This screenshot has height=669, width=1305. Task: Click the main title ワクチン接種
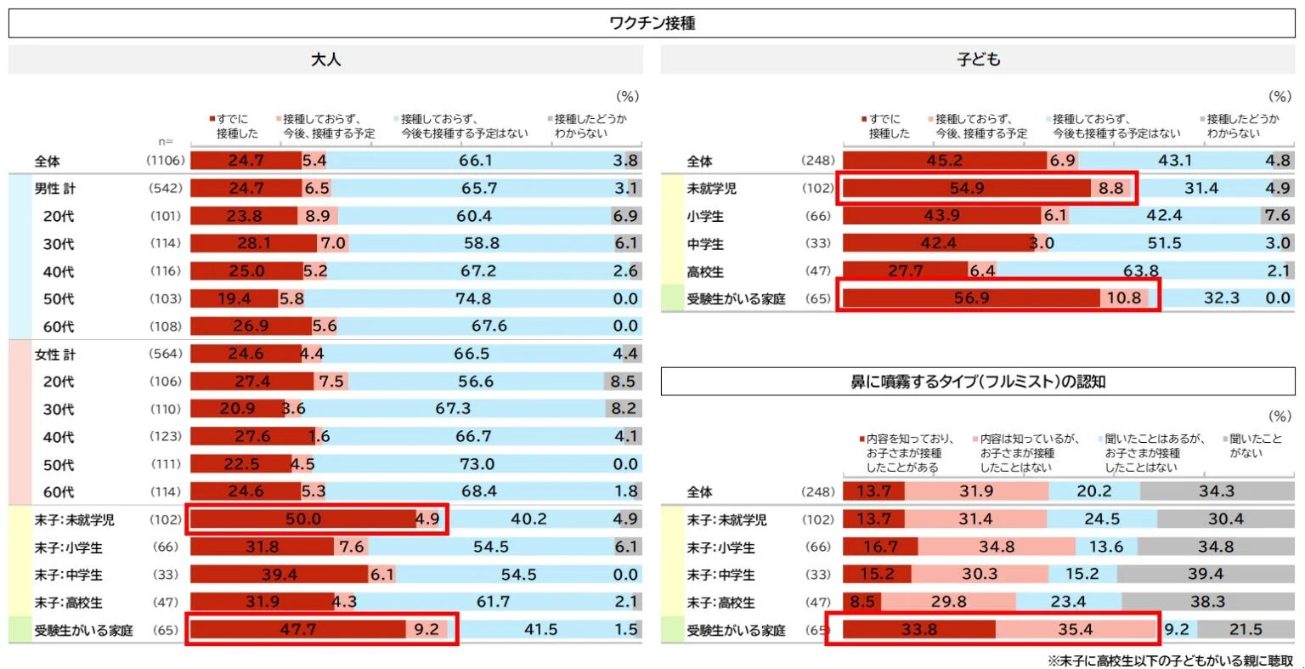click(652, 24)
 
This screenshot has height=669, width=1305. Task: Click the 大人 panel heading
click(325, 60)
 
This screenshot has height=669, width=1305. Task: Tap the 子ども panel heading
click(978, 60)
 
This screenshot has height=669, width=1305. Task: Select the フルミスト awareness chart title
click(978, 382)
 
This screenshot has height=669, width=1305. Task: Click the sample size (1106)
click(165, 161)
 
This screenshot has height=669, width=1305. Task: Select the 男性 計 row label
click(55, 189)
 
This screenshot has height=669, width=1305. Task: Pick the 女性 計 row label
click(55, 354)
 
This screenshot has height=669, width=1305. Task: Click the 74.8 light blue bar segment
click(472, 299)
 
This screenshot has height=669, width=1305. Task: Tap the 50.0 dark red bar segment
click(302, 519)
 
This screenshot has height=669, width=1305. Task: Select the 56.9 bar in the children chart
click(971, 298)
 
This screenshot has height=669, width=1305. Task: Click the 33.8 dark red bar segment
click(918, 630)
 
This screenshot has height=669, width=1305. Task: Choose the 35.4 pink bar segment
click(1076, 630)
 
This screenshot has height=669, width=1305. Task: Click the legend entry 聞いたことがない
click(1255, 445)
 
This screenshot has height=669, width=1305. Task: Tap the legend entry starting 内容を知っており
click(909, 453)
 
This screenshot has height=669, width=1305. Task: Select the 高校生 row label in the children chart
click(705, 272)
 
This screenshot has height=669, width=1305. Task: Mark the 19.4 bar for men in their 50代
click(234, 299)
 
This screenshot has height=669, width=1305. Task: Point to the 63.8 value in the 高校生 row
click(1140, 271)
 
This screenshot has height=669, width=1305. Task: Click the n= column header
click(166, 142)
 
